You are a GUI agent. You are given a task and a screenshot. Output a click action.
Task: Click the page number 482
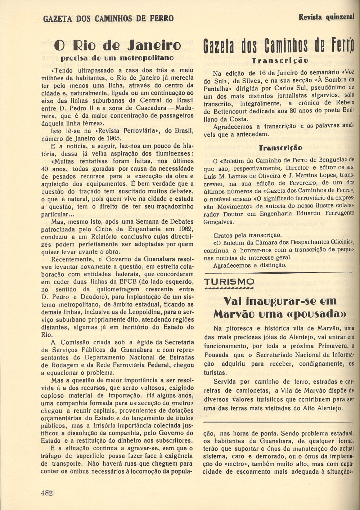coord(47,493)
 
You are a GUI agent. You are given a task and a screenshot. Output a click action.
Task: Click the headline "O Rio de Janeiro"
coord(117,46)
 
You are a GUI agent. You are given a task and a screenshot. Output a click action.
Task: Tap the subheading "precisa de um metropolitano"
coord(117,58)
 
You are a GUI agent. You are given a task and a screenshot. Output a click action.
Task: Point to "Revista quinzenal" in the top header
coord(327,17)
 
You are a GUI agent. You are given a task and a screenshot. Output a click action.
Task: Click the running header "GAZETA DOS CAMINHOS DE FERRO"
coord(108,18)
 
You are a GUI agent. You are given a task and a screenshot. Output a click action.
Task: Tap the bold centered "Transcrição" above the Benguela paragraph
coord(280,148)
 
